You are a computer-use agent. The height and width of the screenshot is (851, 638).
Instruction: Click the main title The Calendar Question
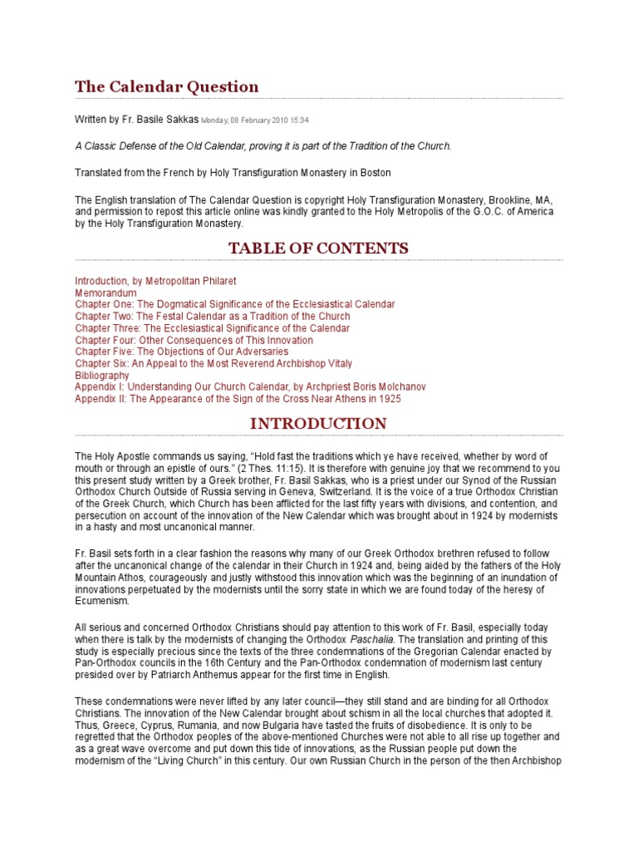[167, 86]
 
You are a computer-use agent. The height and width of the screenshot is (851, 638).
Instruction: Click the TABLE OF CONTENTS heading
[318, 248]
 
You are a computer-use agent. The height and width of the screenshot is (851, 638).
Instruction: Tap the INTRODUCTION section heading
[318, 423]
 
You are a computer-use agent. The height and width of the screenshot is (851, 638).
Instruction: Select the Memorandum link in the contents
[106, 293]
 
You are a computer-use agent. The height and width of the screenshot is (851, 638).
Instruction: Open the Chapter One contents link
[234, 305]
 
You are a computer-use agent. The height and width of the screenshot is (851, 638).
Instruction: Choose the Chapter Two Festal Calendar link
[212, 317]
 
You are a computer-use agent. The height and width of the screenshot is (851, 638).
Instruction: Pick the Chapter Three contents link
[212, 328]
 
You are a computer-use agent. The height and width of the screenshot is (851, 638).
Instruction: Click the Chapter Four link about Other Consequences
[194, 340]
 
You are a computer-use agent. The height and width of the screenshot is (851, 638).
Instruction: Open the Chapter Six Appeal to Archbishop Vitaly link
[213, 363]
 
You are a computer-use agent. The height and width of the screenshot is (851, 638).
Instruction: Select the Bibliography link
[102, 376]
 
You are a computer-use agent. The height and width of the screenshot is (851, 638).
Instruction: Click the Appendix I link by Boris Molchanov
[250, 387]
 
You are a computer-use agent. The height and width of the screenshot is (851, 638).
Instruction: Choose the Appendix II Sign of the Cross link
[238, 399]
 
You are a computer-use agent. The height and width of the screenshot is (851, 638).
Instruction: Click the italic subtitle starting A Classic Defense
[263, 146]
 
